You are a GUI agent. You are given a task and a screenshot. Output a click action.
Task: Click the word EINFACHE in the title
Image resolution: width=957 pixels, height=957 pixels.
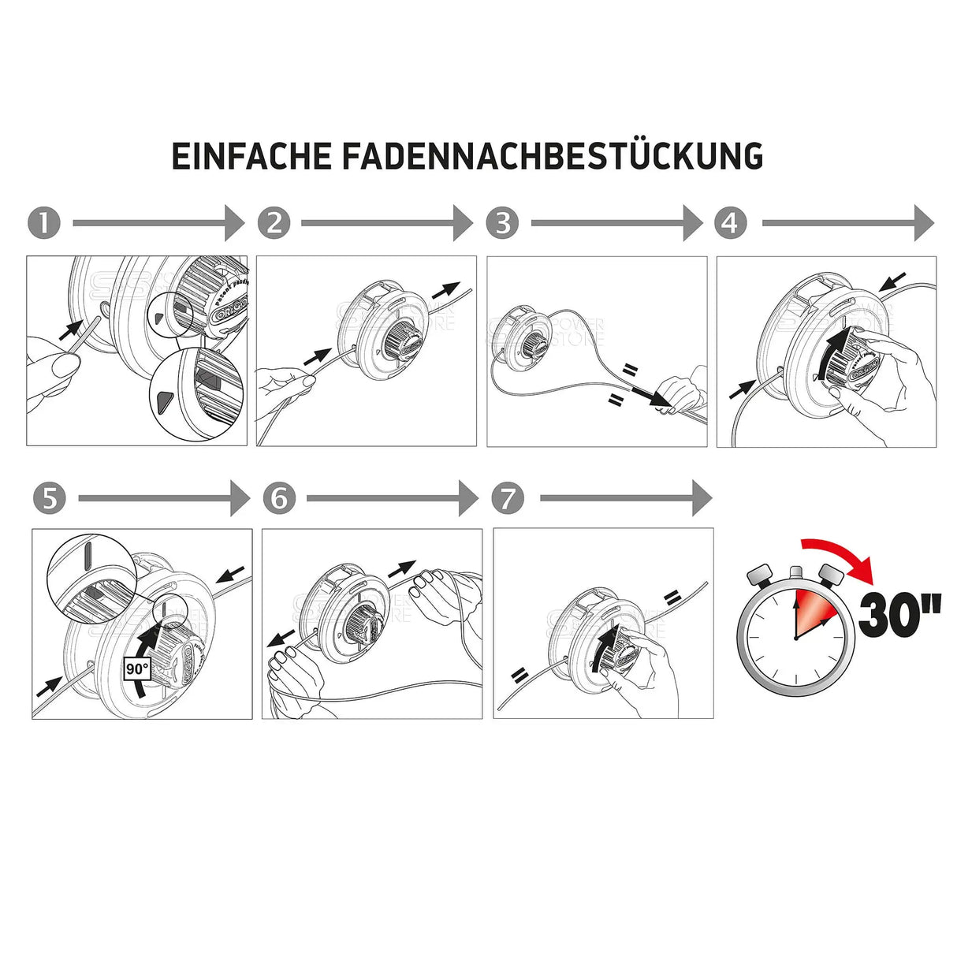pyautogui.click(x=251, y=156)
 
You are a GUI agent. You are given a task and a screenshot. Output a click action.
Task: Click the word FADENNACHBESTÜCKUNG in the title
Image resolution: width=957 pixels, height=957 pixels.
pyautogui.click(x=552, y=156)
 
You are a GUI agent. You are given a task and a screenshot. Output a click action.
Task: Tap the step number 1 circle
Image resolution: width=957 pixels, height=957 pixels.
pyautogui.click(x=43, y=223)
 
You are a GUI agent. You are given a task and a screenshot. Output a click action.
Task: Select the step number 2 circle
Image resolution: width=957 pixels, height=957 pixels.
pyautogui.click(x=274, y=223)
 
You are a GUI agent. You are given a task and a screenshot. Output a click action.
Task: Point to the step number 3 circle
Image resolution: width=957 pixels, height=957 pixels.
pyautogui.click(x=503, y=223)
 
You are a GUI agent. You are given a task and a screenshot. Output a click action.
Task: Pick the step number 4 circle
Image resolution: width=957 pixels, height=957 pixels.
pyautogui.click(x=731, y=223)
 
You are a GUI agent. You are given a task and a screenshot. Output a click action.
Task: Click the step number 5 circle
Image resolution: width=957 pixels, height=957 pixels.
pyautogui.click(x=50, y=498)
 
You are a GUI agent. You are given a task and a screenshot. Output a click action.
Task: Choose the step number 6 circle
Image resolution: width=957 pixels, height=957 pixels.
pyautogui.click(x=279, y=498)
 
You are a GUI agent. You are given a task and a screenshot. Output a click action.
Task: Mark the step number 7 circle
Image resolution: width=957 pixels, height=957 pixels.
pyautogui.click(x=508, y=498)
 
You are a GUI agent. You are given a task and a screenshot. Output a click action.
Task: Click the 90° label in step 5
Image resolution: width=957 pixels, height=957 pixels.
pyautogui.click(x=136, y=669)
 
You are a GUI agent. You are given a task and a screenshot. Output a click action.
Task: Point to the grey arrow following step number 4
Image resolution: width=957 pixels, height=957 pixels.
pyautogui.click(x=847, y=223)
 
